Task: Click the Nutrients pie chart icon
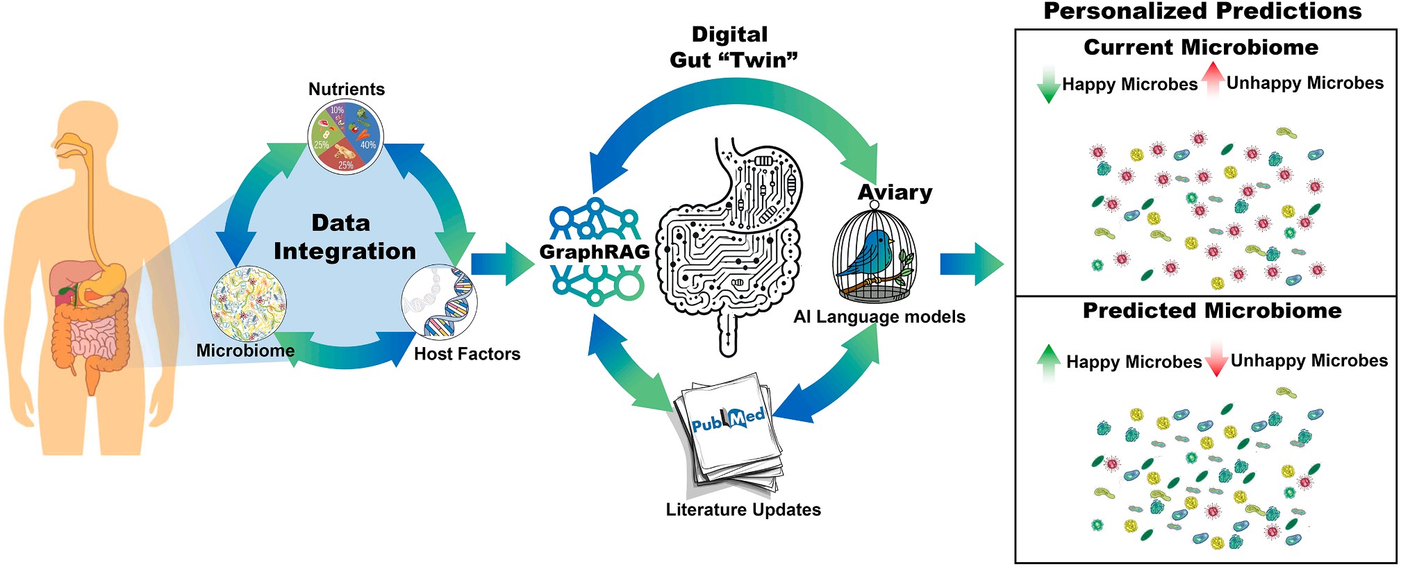(345, 137)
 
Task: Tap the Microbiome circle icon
(248, 304)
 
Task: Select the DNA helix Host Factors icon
(440, 303)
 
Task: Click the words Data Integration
(344, 237)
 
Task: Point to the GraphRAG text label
(595, 252)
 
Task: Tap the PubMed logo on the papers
(728, 420)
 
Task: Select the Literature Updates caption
(743, 510)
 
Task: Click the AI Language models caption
(879, 317)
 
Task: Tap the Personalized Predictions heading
(1202, 11)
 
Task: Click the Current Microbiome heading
(1200, 47)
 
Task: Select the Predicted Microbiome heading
(1211, 311)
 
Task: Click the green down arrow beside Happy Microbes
(1047, 85)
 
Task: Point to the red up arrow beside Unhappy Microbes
(1213, 79)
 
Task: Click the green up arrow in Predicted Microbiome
(1048, 361)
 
